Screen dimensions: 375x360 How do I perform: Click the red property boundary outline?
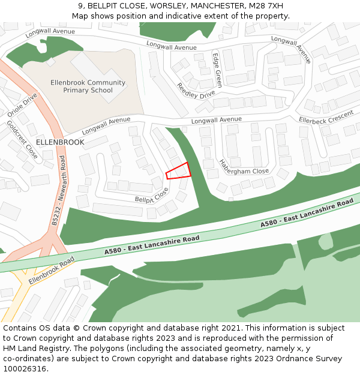178,170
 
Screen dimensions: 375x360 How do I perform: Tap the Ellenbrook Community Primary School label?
88,86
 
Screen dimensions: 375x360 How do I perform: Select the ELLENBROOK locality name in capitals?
60,142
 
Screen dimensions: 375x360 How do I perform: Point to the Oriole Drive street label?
22,104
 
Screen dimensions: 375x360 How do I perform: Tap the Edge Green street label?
217,70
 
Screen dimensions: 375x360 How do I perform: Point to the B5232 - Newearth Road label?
58,190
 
